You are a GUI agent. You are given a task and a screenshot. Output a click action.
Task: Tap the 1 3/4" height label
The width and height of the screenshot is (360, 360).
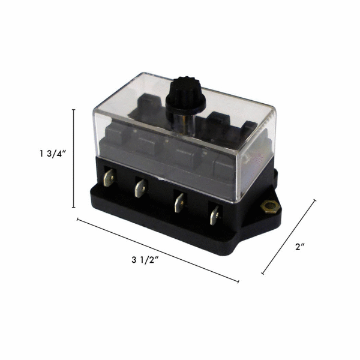(50, 154)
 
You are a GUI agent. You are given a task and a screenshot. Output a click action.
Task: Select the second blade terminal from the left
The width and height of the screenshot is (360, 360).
(140, 188)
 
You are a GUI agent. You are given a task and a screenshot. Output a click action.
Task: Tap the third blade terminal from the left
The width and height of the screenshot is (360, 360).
(178, 201)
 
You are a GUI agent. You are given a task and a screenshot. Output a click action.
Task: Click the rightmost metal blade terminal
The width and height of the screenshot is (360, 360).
(214, 213)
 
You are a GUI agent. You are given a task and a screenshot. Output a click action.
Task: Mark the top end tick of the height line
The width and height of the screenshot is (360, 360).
(74, 110)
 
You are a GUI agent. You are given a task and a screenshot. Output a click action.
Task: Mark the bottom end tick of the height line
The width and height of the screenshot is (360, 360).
(74, 207)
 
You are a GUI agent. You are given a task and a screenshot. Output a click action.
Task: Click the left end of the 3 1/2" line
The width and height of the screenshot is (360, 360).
(78, 219)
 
